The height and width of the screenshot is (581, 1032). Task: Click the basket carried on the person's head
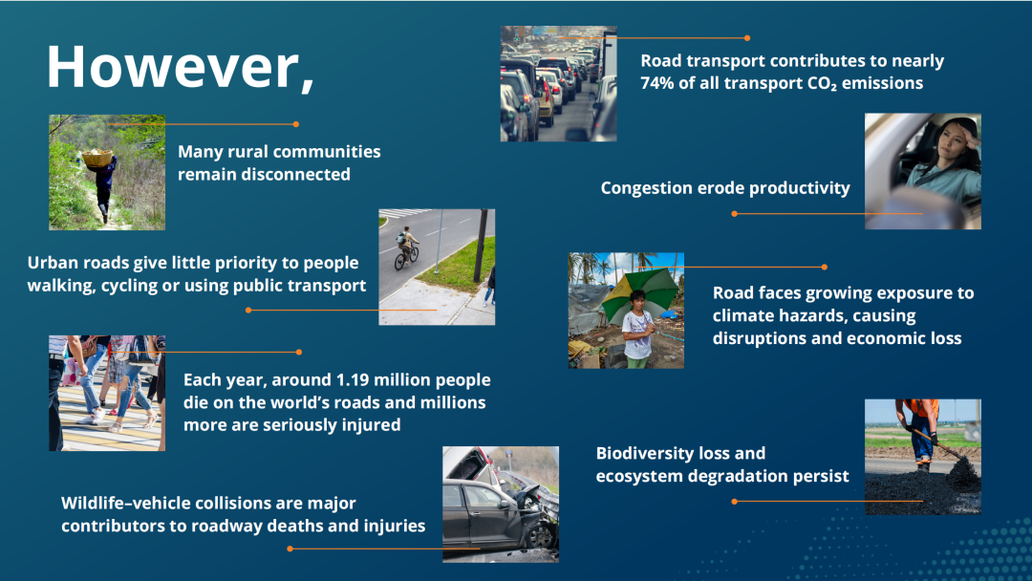97,158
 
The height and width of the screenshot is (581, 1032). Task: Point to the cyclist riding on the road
406,248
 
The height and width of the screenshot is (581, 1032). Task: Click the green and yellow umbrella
639,292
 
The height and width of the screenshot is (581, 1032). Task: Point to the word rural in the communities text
247,152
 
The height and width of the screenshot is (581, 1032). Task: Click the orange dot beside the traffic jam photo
747,38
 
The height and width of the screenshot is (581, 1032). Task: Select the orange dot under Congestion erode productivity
735,214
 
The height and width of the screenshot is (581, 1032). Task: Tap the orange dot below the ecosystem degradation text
735,502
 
